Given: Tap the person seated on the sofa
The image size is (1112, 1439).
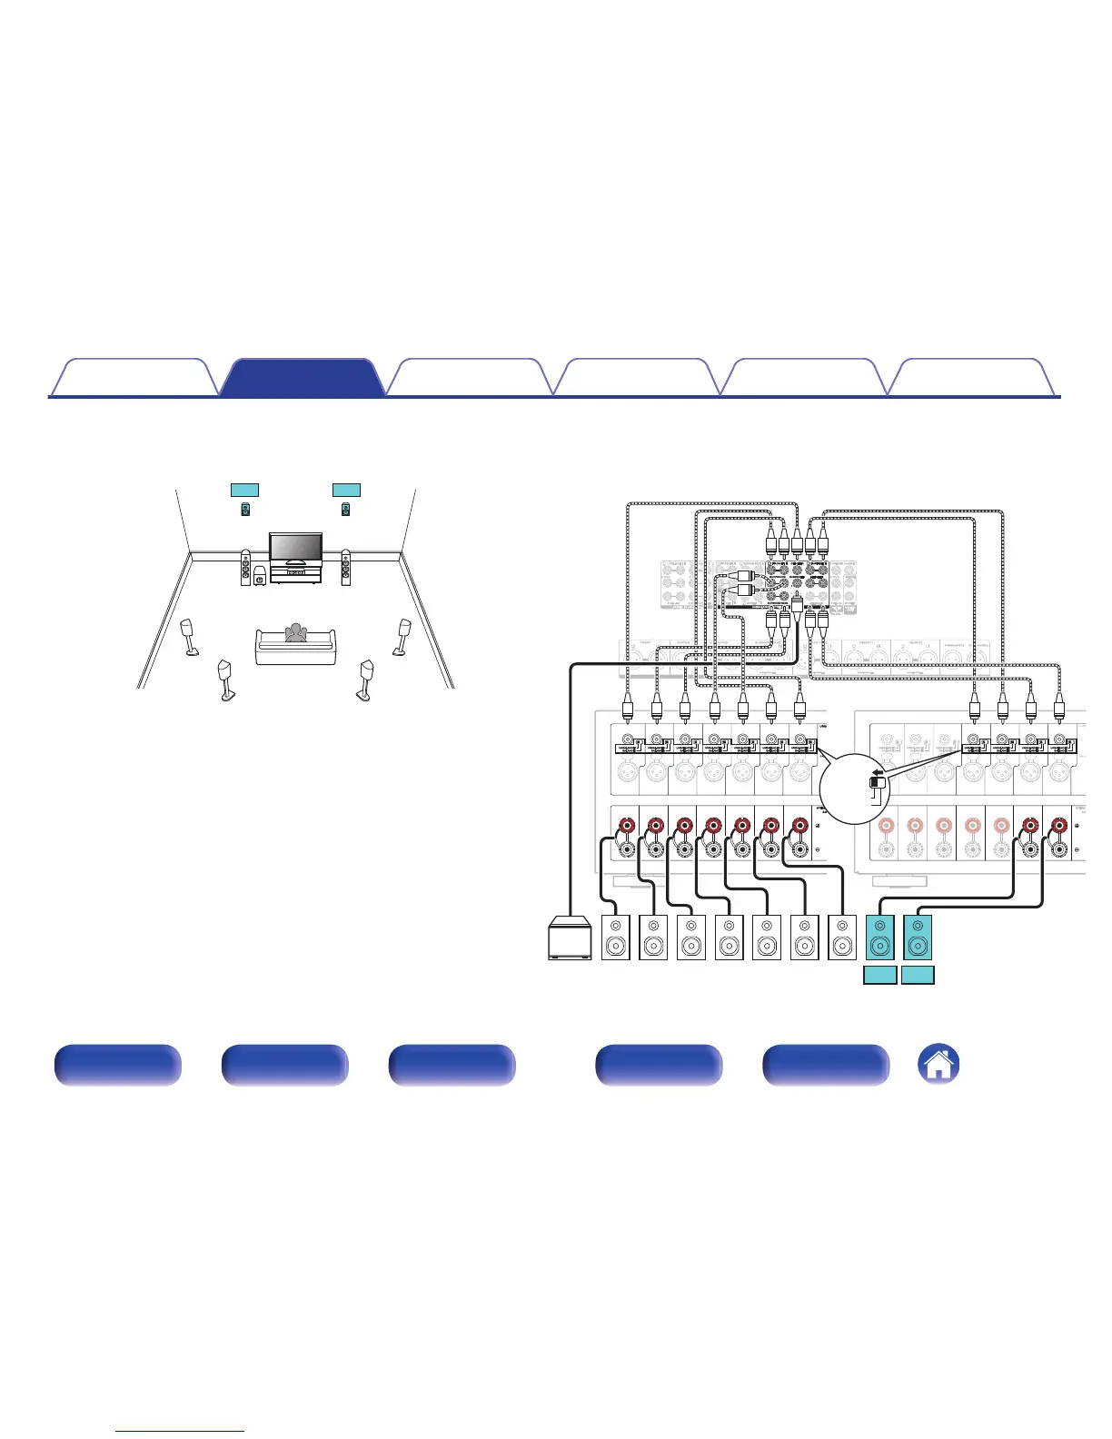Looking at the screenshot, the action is (x=293, y=633).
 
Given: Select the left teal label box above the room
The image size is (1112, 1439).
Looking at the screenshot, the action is (x=244, y=490).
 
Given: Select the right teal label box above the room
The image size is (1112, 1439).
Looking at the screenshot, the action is (x=346, y=490).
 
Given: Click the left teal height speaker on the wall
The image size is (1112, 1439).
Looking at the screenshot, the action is (x=245, y=510).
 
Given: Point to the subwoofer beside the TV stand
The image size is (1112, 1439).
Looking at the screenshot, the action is (x=261, y=575).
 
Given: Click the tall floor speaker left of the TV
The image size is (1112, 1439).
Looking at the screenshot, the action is (x=245, y=568).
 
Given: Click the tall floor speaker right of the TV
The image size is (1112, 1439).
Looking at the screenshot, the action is (x=345, y=568).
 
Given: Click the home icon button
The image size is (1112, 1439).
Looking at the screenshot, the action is (x=938, y=1064).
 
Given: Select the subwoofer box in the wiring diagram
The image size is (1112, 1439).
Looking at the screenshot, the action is (x=571, y=938).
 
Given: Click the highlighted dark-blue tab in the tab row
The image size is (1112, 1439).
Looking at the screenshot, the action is (x=302, y=378).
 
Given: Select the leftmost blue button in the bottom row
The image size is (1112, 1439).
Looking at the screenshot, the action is (x=117, y=1065).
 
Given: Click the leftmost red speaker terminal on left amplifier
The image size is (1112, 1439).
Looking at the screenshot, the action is (x=627, y=827).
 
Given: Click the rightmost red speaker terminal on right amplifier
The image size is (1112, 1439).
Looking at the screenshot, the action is (x=1058, y=827).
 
